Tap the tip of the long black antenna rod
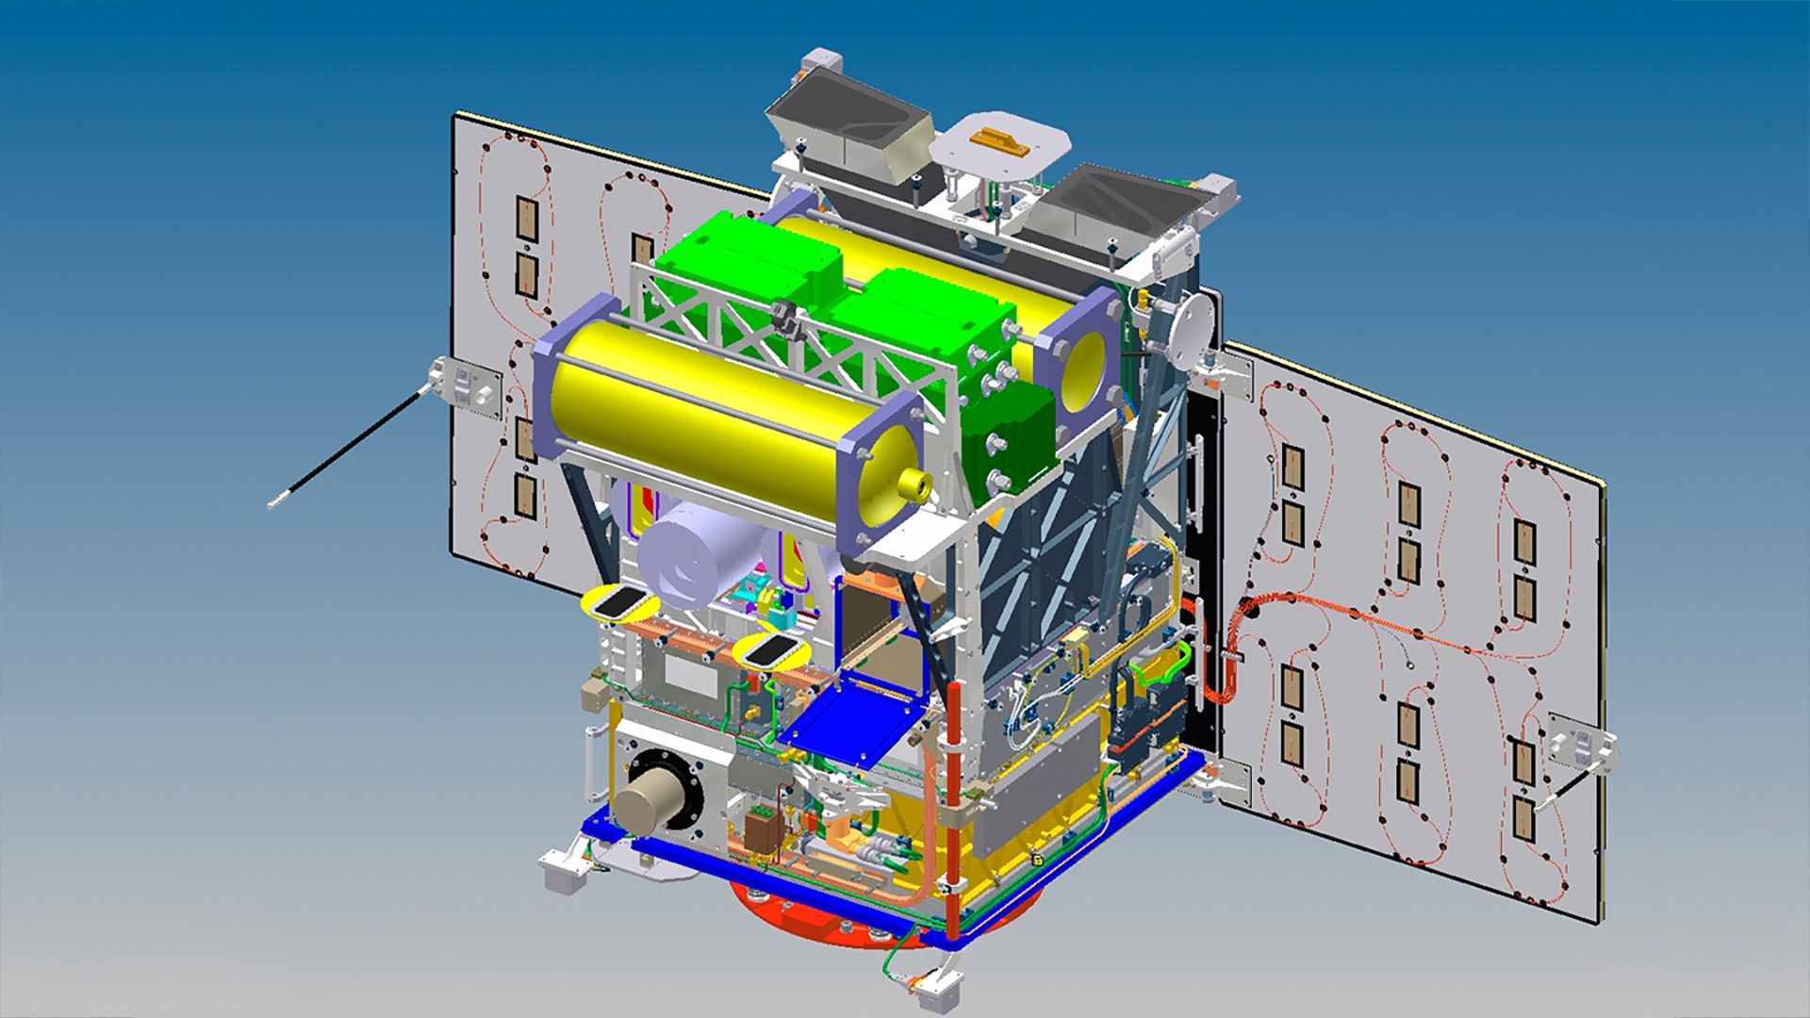tap(272, 504)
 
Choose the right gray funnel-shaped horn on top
tap(1112, 203)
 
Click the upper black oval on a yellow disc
tap(617, 600)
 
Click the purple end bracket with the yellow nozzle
tap(881, 471)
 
